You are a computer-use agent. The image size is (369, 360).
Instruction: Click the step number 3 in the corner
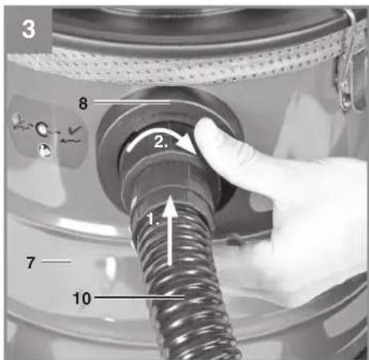point(28,29)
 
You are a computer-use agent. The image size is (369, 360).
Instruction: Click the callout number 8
point(83,103)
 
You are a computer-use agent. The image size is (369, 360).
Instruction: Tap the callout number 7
point(31,262)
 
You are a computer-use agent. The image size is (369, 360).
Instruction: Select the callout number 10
point(82,298)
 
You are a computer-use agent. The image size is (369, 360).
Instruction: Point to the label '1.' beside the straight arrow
point(153,219)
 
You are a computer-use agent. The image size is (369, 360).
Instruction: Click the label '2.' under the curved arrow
point(161,142)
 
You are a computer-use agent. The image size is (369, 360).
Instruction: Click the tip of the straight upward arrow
point(170,196)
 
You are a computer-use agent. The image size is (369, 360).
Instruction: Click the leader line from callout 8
point(132,102)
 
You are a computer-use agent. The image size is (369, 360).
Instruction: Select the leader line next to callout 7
point(56,261)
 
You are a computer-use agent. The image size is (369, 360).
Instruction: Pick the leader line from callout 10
point(140,297)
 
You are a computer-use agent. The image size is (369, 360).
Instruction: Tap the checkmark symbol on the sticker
point(74,130)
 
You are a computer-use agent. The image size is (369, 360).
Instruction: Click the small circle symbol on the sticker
point(42,129)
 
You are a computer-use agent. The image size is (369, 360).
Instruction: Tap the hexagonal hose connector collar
point(167,174)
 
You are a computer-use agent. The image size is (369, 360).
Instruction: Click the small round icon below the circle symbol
point(44,150)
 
